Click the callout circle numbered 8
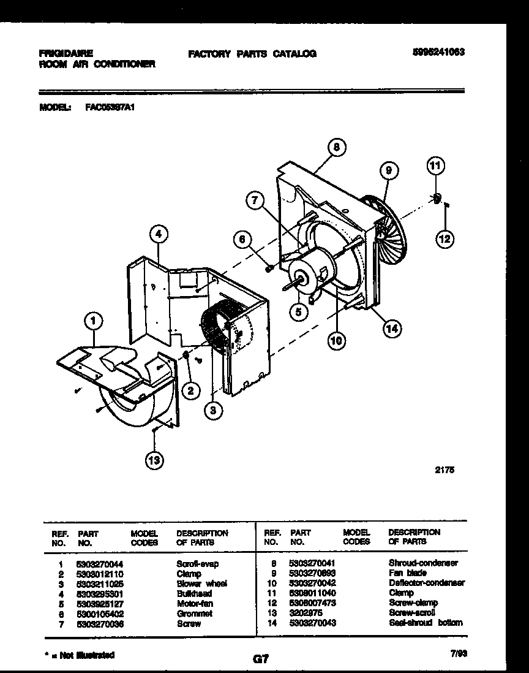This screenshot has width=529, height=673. coord(336,147)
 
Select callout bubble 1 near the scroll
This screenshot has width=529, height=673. coord(93,319)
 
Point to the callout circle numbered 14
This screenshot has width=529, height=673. coord(391,329)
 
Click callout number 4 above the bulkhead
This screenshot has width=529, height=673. coord(158,233)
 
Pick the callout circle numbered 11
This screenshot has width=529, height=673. coord(435,165)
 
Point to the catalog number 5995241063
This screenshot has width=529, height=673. coord(438,53)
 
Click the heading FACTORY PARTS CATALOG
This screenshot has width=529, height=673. coord(252,54)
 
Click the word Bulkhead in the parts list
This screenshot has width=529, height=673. coord(193,593)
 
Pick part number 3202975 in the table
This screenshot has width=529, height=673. coord(301,612)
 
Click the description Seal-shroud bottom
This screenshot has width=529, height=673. coord(426,623)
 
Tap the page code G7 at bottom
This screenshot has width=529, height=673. coord(261,660)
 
